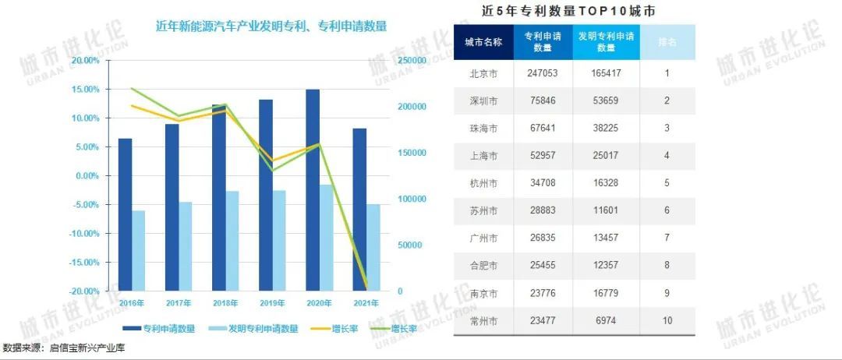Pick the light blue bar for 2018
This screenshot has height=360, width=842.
pyautogui.click(x=232, y=240)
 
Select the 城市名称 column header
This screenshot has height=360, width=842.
pyautogui.click(x=483, y=42)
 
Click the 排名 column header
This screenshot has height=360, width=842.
pyautogui.click(x=667, y=42)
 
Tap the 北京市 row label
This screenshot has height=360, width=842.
pyautogui.click(x=483, y=74)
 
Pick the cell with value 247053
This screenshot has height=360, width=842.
pyautogui.click(x=543, y=74)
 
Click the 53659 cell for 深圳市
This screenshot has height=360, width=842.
pyautogui.click(x=606, y=101)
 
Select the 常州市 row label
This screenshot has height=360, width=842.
pyautogui.click(x=483, y=321)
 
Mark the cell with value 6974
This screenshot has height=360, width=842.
pyautogui.click(x=606, y=321)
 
